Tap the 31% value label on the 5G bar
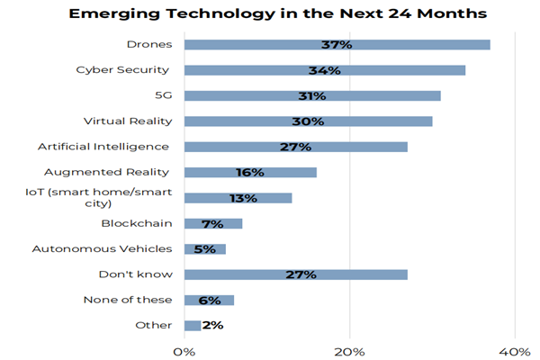coord(312,95)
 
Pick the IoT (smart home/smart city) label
coord(99,197)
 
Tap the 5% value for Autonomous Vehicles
coord(204,249)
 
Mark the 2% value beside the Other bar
coord(213,326)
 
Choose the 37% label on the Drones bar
coord(337,44)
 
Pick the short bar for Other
coord(193,326)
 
